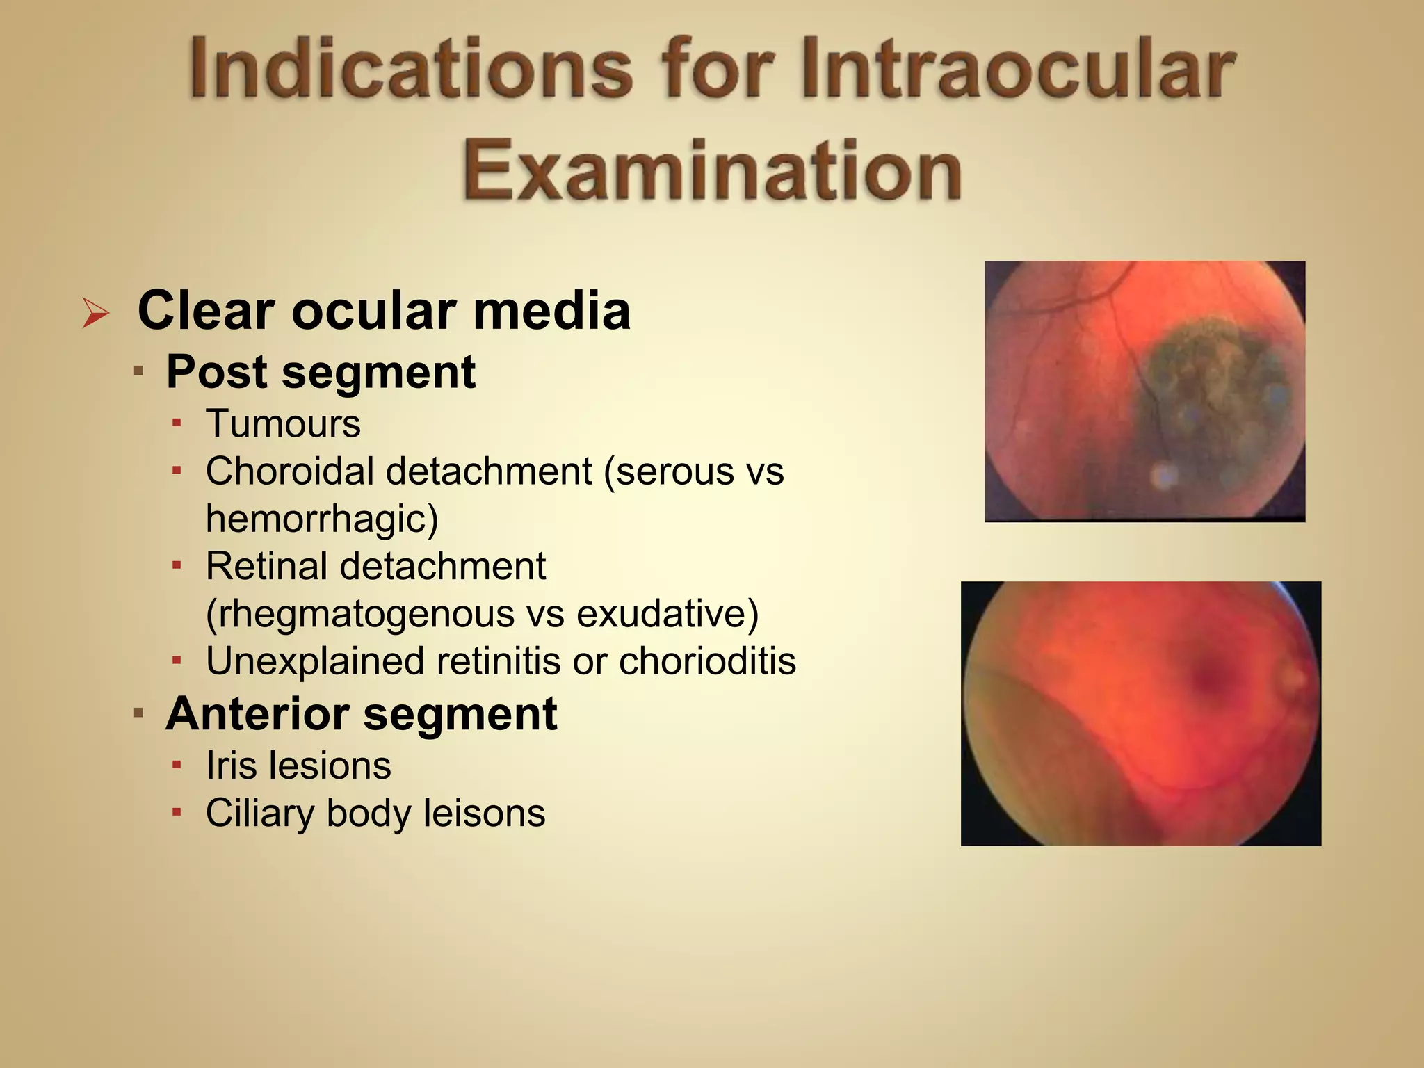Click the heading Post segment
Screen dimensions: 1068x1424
tap(321, 372)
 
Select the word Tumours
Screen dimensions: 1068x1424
tap(283, 423)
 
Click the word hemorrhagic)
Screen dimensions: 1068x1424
tap(322, 519)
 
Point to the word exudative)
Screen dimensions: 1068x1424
tap(667, 614)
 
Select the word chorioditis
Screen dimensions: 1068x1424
tap(707, 661)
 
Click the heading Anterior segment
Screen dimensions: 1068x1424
tap(361, 714)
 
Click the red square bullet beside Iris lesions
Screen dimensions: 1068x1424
tap(177, 766)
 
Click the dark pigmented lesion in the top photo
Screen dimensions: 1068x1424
tap(1210, 389)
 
